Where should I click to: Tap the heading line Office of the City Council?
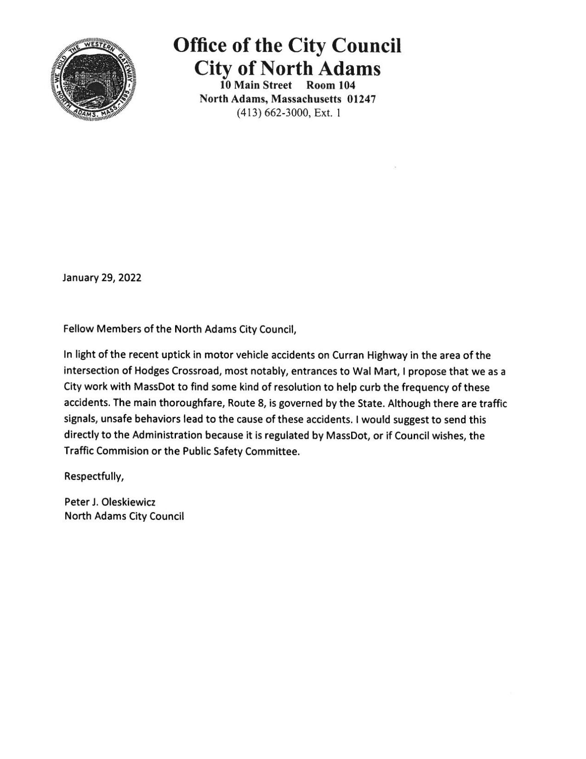click(x=287, y=46)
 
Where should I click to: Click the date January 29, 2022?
click(x=102, y=278)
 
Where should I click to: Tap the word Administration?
click(x=167, y=436)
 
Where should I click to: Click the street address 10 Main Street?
click(x=256, y=85)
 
